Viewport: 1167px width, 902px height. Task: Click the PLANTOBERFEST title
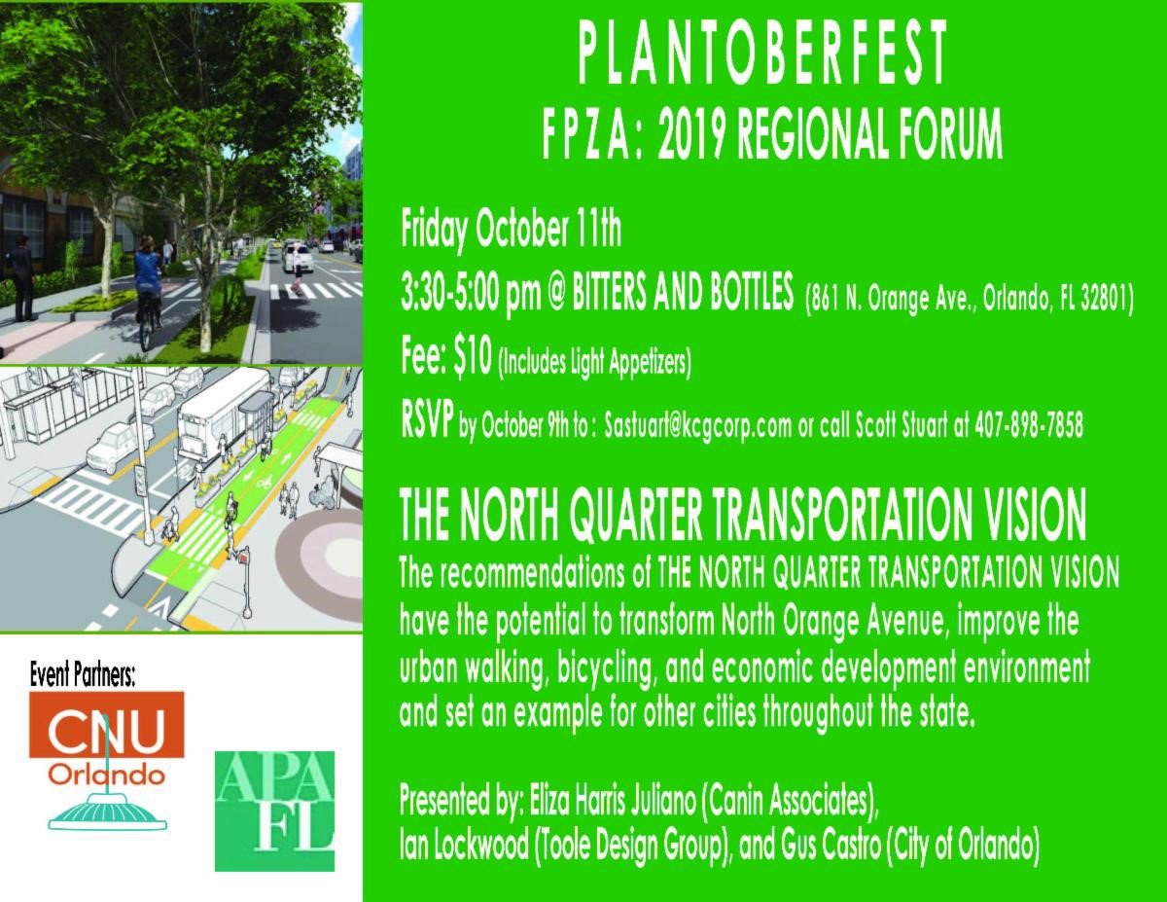[763, 54]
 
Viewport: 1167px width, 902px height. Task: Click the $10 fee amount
[472, 358]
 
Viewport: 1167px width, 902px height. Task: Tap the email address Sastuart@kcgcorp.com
[697, 427]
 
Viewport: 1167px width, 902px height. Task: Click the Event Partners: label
[82, 675]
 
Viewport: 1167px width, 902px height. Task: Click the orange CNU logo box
[106, 724]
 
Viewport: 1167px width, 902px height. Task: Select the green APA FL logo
[274, 811]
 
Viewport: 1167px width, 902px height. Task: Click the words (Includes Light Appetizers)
[595, 363]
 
